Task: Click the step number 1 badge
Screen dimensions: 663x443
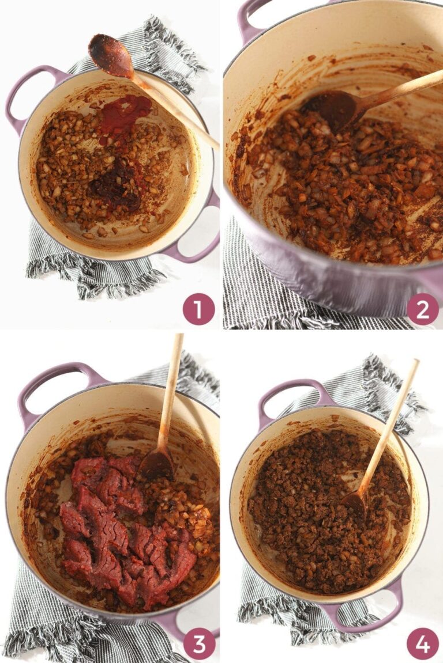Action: click(x=198, y=309)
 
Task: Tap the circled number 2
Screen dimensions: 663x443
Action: click(x=422, y=309)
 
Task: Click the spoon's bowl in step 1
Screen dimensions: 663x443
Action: click(x=110, y=55)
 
